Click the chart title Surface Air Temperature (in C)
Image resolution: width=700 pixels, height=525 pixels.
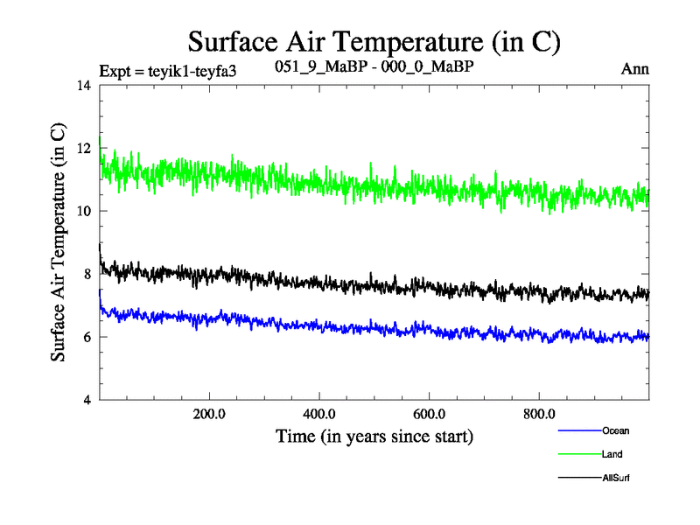pyautogui.click(x=374, y=41)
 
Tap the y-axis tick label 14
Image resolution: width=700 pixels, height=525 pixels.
pyautogui.click(x=84, y=86)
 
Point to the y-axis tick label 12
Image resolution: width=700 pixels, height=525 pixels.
pyautogui.click(x=84, y=149)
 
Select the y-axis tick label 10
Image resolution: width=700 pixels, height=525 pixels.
pyautogui.click(x=84, y=212)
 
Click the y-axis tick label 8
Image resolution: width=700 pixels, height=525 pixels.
pyautogui.click(x=87, y=274)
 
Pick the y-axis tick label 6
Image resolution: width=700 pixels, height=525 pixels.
pyautogui.click(x=87, y=337)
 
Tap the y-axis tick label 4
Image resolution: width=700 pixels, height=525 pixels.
pyautogui.click(x=87, y=400)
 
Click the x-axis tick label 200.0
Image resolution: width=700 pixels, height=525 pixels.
pyautogui.click(x=209, y=413)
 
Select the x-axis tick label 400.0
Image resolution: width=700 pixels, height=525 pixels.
pyautogui.click(x=319, y=413)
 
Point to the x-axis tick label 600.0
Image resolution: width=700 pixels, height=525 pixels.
pyautogui.click(x=429, y=413)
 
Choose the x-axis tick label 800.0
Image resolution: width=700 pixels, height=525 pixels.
pyautogui.click(x=539, y=413)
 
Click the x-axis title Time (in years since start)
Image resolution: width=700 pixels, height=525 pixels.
pyautogui.click(x=374, y=435)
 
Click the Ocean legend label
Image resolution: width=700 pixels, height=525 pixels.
pyautogui.click(x=615, y=430)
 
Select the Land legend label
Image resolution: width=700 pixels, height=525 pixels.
pyautogui.click(x=612, y=454)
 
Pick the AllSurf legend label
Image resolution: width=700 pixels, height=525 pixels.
pyautogui.click(x=616, y=478)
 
